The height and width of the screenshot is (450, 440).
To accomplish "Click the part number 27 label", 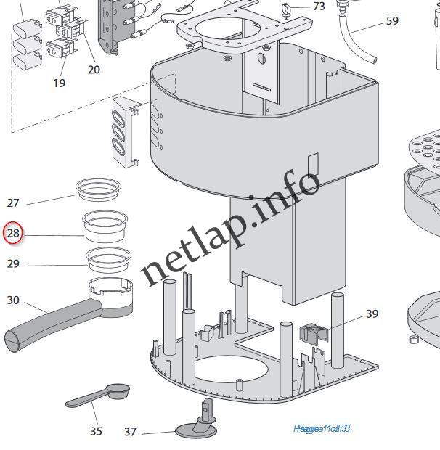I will click(x=14, y=202).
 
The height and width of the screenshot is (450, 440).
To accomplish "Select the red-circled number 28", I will click(x=13, y=234).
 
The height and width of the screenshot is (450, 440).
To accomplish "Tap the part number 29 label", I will click(x=14, y=264).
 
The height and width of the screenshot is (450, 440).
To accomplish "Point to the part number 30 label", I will click(x=14, y=300).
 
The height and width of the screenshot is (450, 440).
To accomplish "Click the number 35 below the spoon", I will click(x=96, y=431).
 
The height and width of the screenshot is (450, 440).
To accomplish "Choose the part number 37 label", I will click(x=130, y=432).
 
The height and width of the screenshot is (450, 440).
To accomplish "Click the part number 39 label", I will click(x=372, y=314).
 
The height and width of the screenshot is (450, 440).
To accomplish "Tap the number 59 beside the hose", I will click(x=392, y=21).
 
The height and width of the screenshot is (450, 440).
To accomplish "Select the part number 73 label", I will click(x=319, y=7).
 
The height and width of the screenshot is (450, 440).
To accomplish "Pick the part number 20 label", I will click(x=94, y=70).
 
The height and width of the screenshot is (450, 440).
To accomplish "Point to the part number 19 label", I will click(x=60, y=83).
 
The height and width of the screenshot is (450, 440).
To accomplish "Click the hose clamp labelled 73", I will click(x=288, y=9).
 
